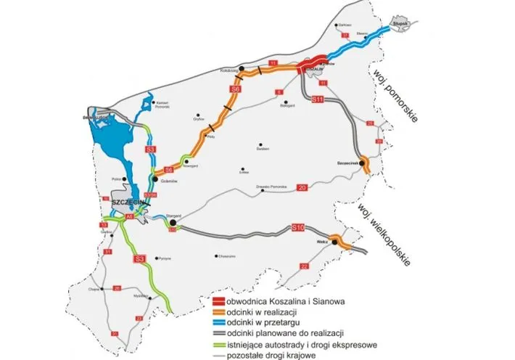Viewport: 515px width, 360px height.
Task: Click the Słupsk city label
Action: [x=400, y=24]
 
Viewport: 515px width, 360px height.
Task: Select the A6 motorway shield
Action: [x=130, y=216]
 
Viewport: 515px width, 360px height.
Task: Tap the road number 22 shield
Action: [x=305, y=266]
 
